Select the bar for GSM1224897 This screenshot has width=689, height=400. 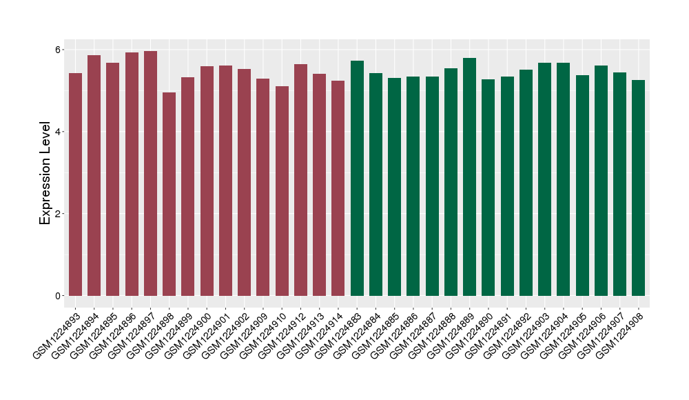[150, 173]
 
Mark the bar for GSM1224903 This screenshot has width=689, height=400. [545, 179]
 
